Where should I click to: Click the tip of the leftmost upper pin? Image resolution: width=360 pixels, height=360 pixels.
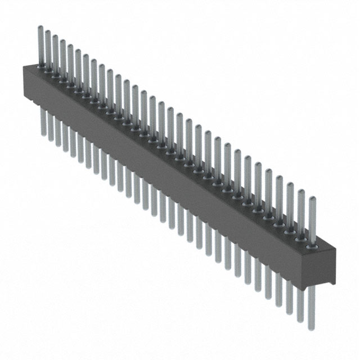pos(40,27)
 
